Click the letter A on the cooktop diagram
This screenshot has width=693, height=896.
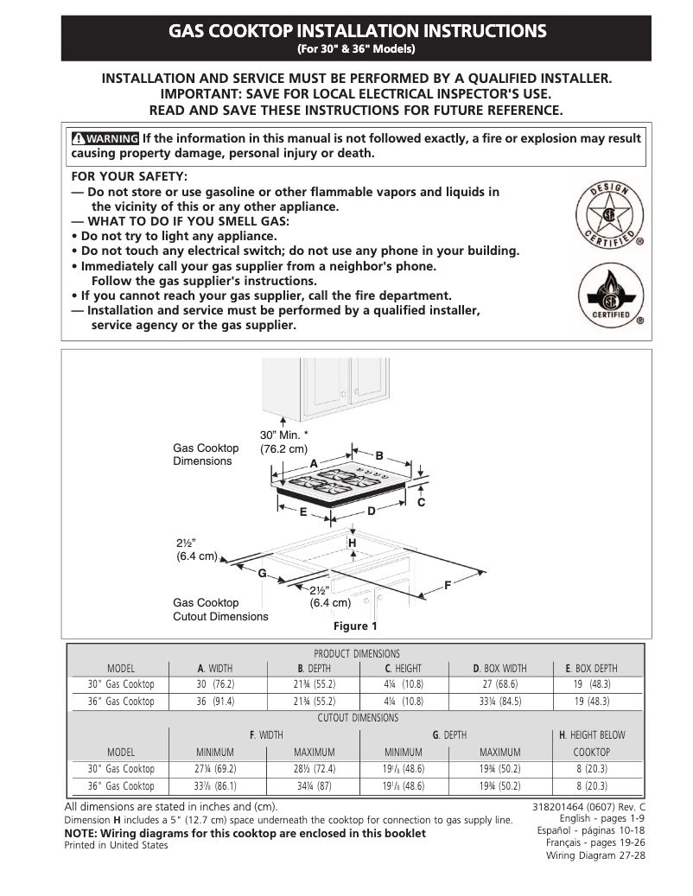315,464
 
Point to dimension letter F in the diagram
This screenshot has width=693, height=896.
448,586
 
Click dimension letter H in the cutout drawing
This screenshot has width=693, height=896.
353,542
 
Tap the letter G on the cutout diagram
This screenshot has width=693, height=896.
260,574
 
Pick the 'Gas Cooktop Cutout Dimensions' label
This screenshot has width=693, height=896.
220,609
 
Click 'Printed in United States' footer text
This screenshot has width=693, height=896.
117,845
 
